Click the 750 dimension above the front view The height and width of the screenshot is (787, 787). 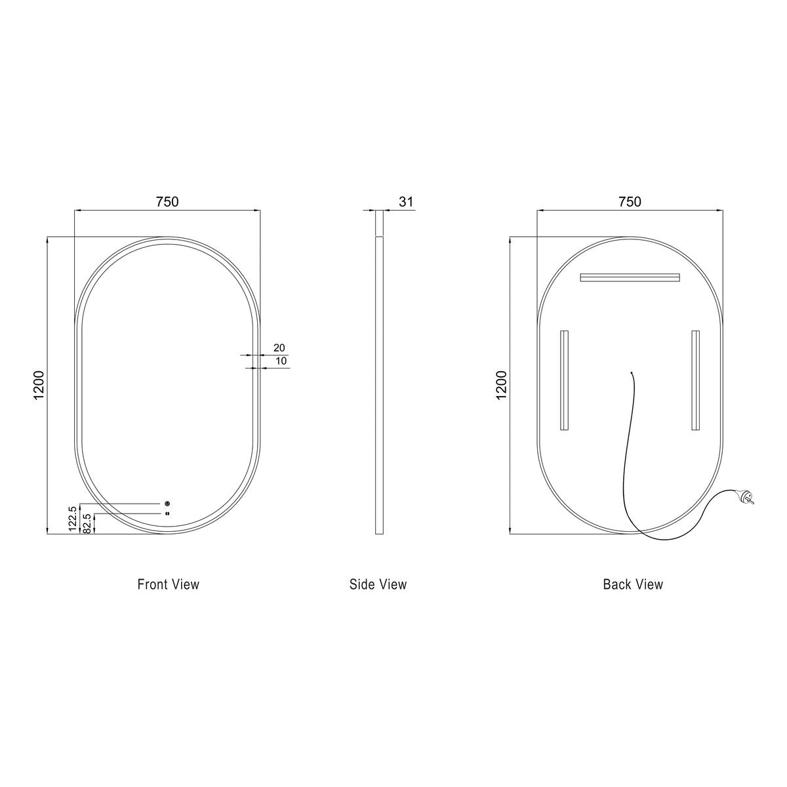[x=167, y=202]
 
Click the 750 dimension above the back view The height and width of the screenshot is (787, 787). [x=630, y=202]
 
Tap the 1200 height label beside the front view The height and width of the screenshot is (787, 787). [x=39, y=385]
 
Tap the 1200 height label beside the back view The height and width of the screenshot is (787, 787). [x=501, y=385]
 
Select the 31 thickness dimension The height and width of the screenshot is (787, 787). [x=406, y=202]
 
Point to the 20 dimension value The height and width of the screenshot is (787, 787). [x=279, y=348]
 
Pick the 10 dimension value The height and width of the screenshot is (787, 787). [x=281, y=361]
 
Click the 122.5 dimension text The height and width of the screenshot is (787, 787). [x=73, y=518]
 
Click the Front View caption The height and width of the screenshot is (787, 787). [x=169, y=584]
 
